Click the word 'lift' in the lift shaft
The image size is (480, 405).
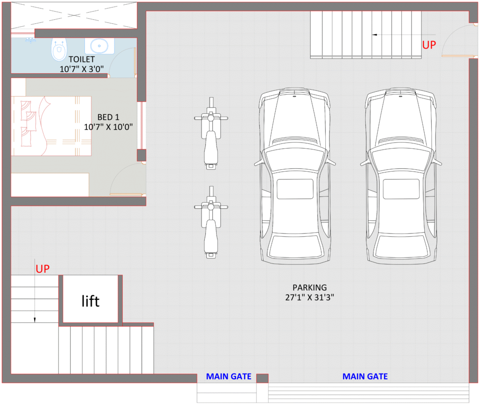click(90, 300)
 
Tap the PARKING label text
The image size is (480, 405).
click(309, 287)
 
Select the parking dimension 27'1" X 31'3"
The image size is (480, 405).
click(309, 297)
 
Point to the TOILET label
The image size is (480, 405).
click(82, 60)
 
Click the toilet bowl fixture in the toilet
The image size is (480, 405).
click(59, 49)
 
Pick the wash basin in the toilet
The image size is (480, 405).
click(99, 46)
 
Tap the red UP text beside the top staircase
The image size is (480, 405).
click(429, 45)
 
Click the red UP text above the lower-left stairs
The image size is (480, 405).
click(43, 269)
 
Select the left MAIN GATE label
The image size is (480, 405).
click(229, 376)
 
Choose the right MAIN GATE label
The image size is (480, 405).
click(365, 376)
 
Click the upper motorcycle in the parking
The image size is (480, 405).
click(211, 133)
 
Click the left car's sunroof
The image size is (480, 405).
click(295, 188)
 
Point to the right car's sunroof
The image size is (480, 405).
click(401, 188)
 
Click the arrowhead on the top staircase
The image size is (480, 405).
click(375, 34)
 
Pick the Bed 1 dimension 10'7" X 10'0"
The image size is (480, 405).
click(109, 127)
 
